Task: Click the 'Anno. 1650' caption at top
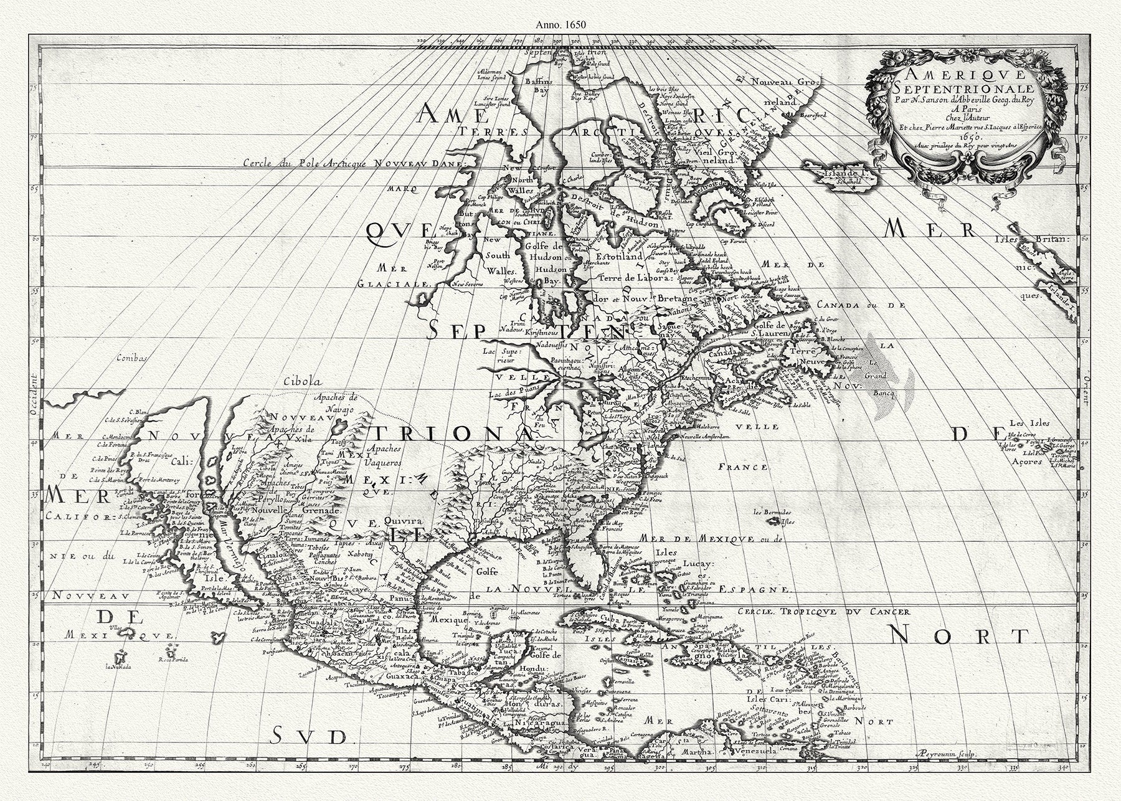click(x=560, y=26)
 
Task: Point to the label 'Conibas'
click(x=134, y=358)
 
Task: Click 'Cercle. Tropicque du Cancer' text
click(x=821, y=612)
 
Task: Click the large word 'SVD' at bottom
click(x=309, y=737)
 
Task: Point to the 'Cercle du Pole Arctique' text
click(x=306, y=163)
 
